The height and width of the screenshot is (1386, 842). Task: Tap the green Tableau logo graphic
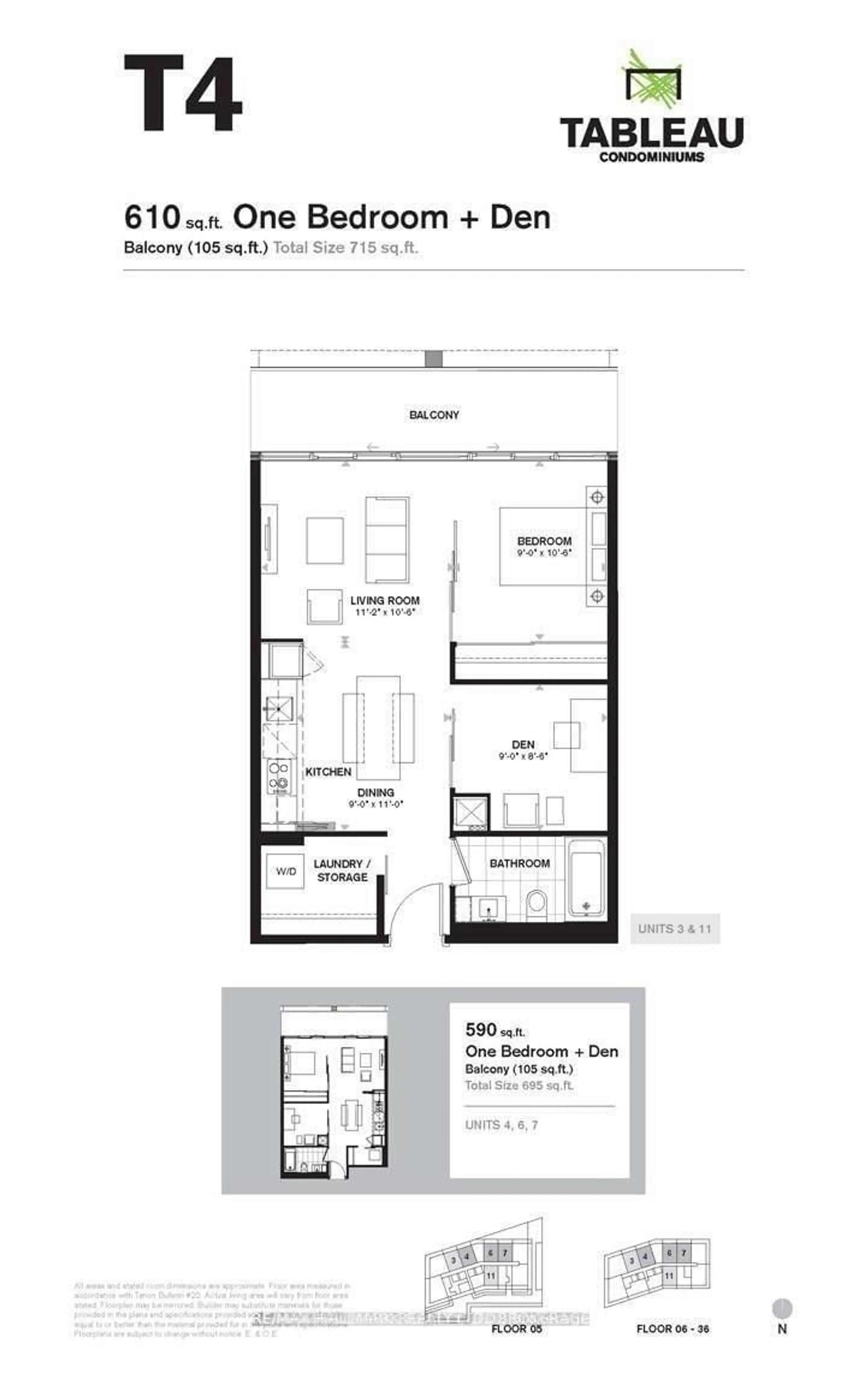(652, 79)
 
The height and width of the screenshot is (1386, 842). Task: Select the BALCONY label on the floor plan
(434, 415)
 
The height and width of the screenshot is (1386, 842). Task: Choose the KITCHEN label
(328, 772)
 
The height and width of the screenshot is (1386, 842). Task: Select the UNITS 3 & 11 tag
(674, 929)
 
